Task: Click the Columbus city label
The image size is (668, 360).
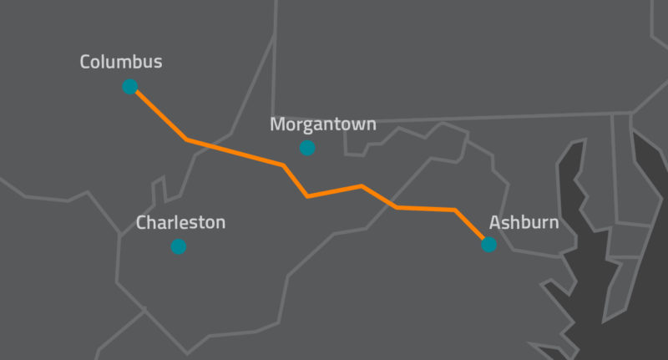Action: point(121,62)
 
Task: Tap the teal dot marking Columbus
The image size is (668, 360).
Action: point(129,86)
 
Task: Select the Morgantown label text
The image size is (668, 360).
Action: point(323,124)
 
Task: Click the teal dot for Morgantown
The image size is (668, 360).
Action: point(307,148)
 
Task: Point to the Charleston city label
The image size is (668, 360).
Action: point(180,223)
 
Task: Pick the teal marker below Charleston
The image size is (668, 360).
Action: point(178,246)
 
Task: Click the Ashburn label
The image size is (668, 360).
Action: point(524,223)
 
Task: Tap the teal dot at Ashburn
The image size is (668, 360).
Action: point(488,245)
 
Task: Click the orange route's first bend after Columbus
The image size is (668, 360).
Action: point(187,139)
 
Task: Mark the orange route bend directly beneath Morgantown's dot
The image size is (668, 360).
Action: point(308,196)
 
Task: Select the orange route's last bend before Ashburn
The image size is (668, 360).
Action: point(455,210)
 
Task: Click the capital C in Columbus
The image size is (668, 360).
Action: point(86,62)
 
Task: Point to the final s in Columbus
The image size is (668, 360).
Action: point(158,63)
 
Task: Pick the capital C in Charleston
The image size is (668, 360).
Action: point(141,223)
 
